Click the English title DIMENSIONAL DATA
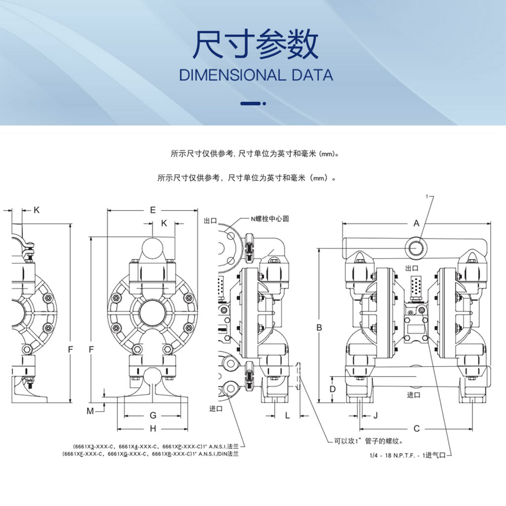(256, 75)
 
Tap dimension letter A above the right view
(416, 223)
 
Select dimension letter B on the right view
(319, 328)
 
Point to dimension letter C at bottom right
(417, 428)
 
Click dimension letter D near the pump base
(333, 389)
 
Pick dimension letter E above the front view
(153, 210)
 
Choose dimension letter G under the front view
(153, 415)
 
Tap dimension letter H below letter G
(153, 428)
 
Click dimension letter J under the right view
(376, 416)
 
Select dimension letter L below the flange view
(288, 416)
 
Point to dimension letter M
(90, 411)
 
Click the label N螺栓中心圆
(270, 219)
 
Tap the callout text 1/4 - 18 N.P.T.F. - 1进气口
(408, 455)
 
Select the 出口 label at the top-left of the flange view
(211, 221)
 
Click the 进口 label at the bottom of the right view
(414, 395)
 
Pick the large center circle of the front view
(153, 313)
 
